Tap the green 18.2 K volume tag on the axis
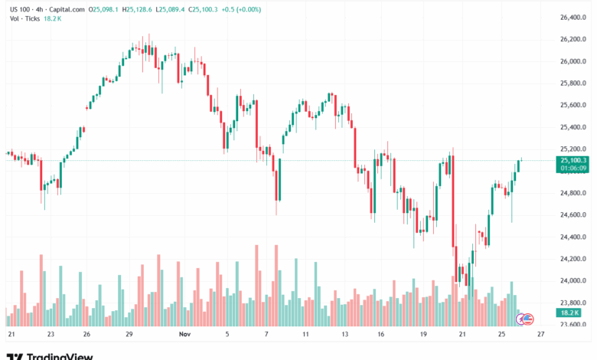tap(568, 313)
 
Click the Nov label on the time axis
tap(184, 335)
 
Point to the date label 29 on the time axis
tap(129, 335)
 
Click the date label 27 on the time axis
tap(540, 335)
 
